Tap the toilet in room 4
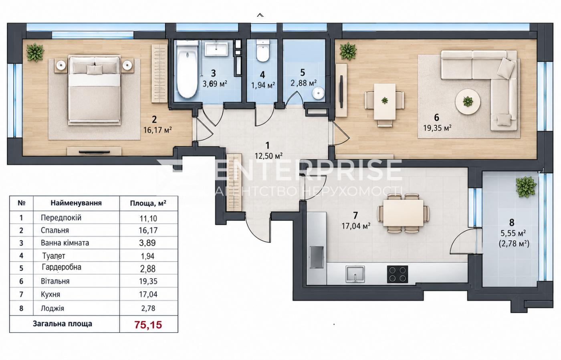pos(263,51)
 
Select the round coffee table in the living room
pos(468,101)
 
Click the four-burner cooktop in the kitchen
pos(397,274)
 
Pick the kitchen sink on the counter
pos(355,274)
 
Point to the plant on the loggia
pos(526,187)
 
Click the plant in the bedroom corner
pos(35,52)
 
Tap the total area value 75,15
pos(148,325)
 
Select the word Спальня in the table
pos(55,230)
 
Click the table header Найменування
pos(76,203)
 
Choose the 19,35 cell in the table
pos(148,281)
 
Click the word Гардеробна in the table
pos(62,267)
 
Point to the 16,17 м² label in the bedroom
pos(157,130)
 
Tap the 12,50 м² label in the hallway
pos(268,156)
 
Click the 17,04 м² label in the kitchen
pos(356,226)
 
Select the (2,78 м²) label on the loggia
pos(514,243)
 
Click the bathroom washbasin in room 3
pos(216,49)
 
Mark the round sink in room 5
pos(318,93)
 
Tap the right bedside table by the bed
pos(127,65)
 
